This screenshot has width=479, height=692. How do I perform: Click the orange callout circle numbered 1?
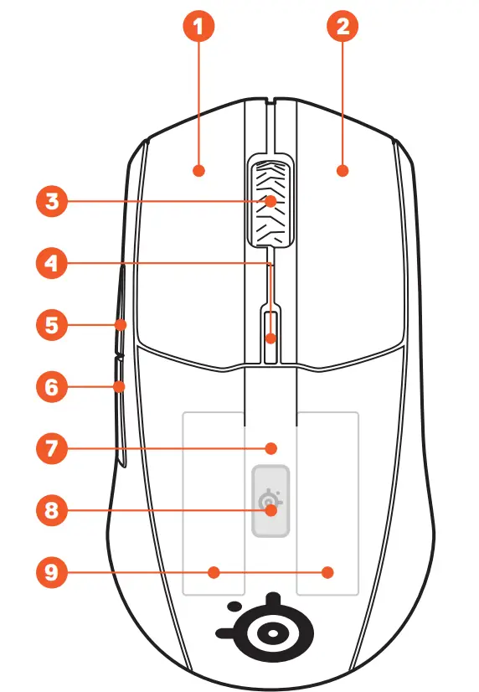198,26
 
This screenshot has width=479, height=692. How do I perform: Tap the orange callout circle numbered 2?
342,26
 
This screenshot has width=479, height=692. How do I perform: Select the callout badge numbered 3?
53,201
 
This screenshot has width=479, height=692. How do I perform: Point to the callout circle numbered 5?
53,324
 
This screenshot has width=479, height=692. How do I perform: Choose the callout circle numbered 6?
53,386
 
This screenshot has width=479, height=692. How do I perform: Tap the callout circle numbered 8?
53,509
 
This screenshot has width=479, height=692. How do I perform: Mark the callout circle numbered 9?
53,572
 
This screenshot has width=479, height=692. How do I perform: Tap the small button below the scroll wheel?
270,335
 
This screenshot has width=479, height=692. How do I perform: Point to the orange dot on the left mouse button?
198,171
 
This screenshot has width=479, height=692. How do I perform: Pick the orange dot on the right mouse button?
342,171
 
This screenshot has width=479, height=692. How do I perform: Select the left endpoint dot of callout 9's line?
214,572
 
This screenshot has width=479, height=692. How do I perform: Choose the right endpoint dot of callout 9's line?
327,572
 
